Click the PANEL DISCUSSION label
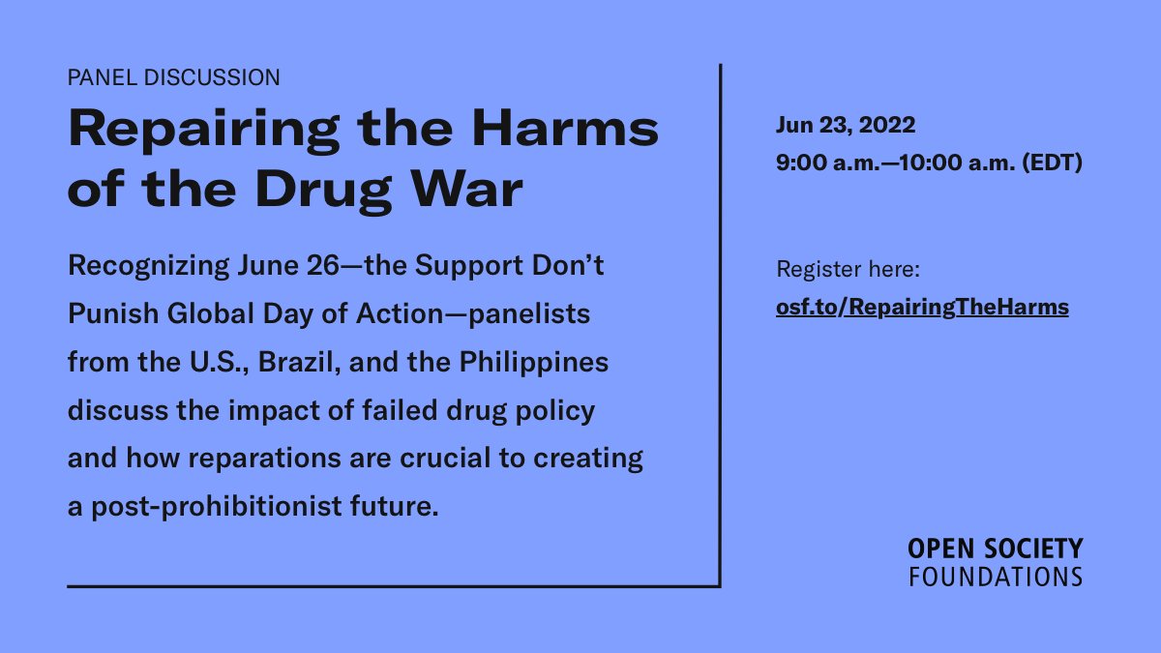(x=174, y=77)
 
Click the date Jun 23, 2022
(x=846, y=126)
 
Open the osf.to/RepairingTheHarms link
(x=922, y=308)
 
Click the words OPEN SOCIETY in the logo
(x=995, y=549)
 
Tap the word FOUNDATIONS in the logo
(x=995, y=577)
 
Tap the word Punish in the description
(x=111, y=315)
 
